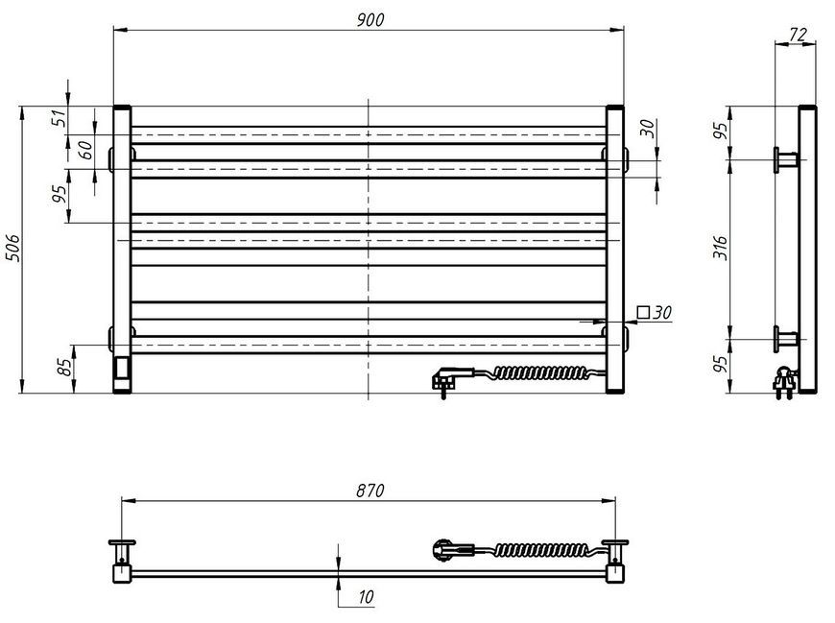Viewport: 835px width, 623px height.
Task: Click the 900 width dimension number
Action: (370, 20)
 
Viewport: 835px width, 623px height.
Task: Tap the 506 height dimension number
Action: (12, 248)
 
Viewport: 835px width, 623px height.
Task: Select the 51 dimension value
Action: (61, 118)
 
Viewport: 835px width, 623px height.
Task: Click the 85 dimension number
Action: (64, 367)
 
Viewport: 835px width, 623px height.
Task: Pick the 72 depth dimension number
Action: (798, 35)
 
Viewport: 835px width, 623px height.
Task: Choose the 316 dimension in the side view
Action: (720, 248)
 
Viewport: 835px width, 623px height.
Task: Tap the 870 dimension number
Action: (370, 491)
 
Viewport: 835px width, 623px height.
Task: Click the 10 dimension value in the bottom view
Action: (366, 597)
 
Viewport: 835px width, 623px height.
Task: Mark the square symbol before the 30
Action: (644, 312)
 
